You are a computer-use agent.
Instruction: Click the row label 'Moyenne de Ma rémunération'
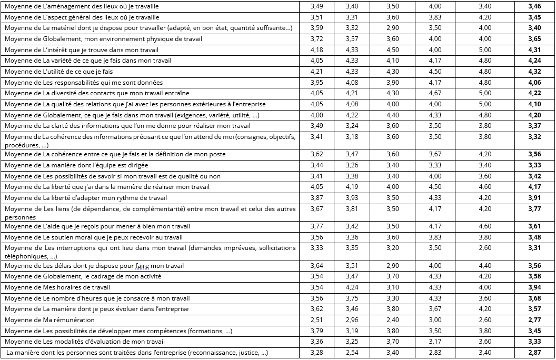click(x=50, y=320)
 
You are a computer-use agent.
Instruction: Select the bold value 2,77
click(x=534, y=320)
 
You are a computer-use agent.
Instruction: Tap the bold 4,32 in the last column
click(x=534, y=72)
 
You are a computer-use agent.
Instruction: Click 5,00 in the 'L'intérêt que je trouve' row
click(x=484, y=50)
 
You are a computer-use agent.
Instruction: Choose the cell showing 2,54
click(x=352, y=353)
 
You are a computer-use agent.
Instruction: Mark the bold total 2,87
click(x=534, y=353)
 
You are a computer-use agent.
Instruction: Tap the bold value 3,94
click(x=534, y=287)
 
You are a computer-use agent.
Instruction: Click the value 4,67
click(x=435, y=94)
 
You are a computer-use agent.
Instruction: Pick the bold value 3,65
click(x=534, y=39)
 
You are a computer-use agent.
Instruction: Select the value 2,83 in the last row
click(x=435, y=353)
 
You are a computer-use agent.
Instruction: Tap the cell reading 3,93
click(x=352, y=198)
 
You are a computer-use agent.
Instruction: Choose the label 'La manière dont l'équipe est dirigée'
click(x=77, y=165)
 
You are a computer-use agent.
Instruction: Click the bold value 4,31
click(x=534, y=50)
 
